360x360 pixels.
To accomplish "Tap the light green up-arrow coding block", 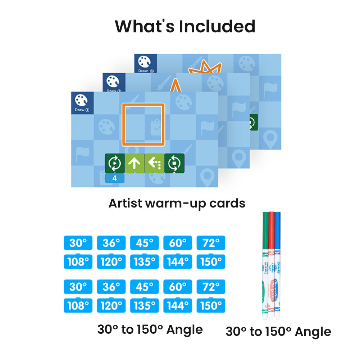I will [x=135, y=164].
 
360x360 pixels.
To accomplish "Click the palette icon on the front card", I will [x=82, y=100].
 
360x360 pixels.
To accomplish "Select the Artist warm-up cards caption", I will [x=177, y=203].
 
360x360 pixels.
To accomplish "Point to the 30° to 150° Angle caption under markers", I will [x=278, y=331].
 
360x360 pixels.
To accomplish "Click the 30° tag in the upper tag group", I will [x=78, y=243].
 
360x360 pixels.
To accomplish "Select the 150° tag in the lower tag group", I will [x=211, y=306].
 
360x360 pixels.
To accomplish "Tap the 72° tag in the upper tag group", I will [x=211, y=243].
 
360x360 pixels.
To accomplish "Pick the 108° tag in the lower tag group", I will [x=78, y=306].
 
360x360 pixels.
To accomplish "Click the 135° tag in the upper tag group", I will [x=144, y=261].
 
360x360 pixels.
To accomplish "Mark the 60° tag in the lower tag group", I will [x=178, y=287].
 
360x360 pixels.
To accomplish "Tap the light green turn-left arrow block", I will [x=154, y=164].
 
